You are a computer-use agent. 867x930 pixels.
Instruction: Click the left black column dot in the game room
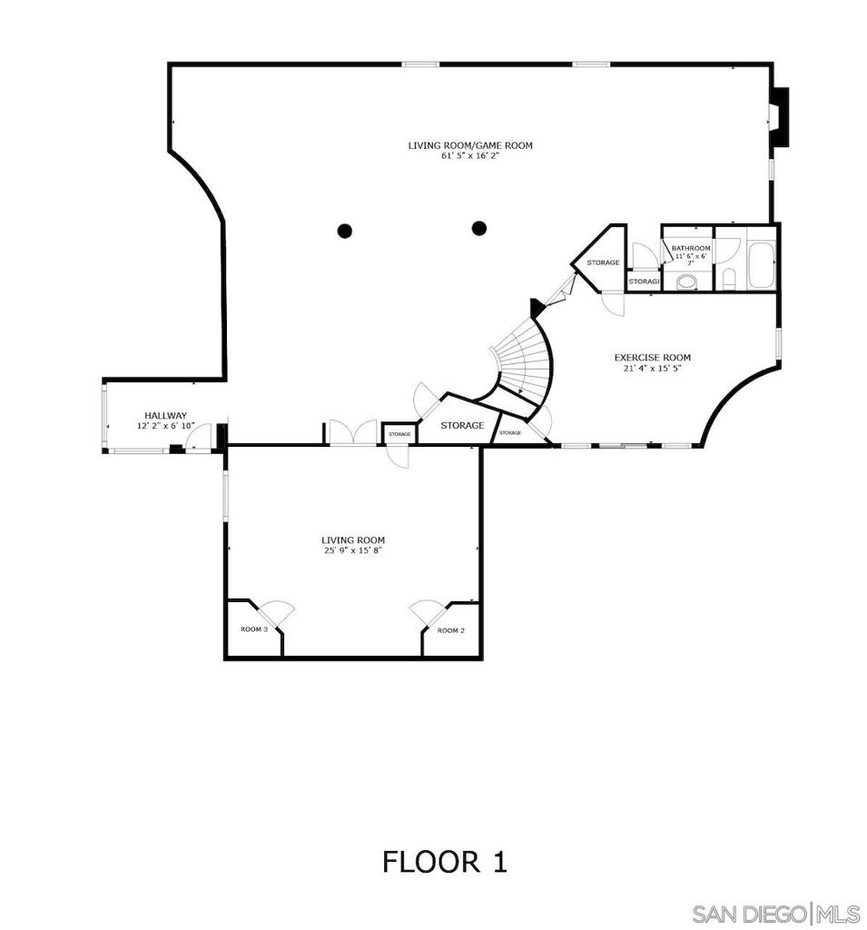(x=345, y=231)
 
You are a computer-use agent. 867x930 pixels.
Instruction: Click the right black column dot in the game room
(x=479, y=228)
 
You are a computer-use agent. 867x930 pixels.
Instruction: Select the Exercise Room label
(x=652, y=358)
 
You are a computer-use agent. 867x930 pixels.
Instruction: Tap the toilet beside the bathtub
(x=730, y=277)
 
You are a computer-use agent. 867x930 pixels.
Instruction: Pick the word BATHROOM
(x=691, y=248)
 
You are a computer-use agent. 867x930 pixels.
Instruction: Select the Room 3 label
(x=252, y=629)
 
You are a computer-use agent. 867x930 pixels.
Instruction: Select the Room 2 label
(x=450, y=630)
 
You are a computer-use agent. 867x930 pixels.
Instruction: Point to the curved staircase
(x=525, y=363)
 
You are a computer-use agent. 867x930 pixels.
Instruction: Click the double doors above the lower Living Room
(x=351, y=433)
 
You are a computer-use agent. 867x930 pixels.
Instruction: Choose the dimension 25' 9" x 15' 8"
(x=352, y=550)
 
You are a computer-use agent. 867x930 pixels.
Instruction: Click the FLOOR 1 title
(x=444, y=861)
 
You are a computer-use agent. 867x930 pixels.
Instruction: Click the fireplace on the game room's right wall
(x=779, y=117)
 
